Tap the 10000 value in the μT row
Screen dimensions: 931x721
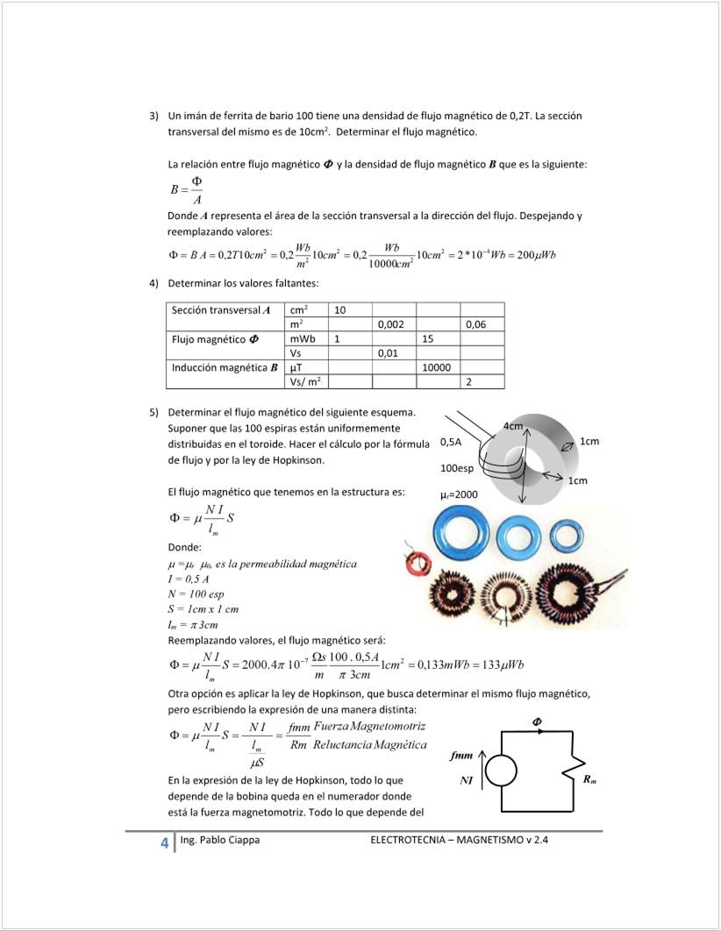[436, 367]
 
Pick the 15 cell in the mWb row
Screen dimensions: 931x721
[428, 338]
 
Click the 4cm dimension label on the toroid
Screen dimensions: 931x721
[512, 427]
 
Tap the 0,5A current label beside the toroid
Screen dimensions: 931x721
[452, 443]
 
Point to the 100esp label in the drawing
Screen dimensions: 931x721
[456, 468]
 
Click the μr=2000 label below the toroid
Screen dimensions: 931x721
[459, 494]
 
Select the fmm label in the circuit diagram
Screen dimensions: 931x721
[461, 754]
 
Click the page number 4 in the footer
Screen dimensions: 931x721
[164, 843]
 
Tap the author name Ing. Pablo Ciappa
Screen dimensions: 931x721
[219, 841]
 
